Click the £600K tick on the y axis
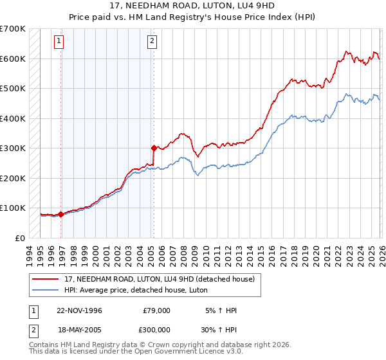(x=13, y=59)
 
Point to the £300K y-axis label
(x=13, y=148)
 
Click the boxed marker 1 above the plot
(x=59, y=42)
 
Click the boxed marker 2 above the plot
(x=152, y=42)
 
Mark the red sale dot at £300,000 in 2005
(x=154, y=148)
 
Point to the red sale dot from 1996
(x=61, y=214)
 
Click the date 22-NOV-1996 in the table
(x=79, y=310)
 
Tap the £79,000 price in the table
(x=156, y=310)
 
